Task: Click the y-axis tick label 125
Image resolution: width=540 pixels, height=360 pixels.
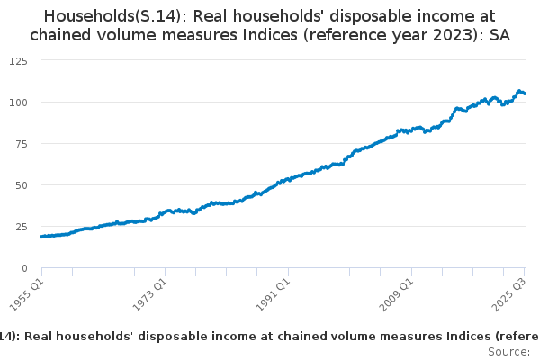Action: (x=19, y=60)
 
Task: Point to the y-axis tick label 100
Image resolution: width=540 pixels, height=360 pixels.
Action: (x=19, y=102)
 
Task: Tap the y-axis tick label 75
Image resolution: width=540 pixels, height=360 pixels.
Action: (x=22, y=143)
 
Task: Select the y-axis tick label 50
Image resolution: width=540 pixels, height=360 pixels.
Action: (x=22, y=184)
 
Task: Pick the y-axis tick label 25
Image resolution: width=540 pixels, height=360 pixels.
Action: (x=22, y=226)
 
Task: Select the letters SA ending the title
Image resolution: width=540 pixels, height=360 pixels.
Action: (x=499, y=35)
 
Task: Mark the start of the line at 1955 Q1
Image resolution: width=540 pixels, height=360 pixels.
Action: (x=41, y=237)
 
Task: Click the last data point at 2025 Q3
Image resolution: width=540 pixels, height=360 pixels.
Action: (x=525, y=94)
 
